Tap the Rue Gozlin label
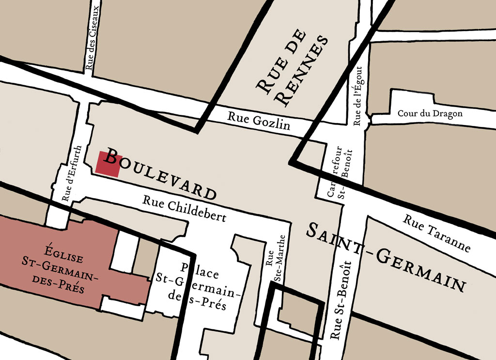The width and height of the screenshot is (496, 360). tap(259, 121)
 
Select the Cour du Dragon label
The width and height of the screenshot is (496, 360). tap(430, 113)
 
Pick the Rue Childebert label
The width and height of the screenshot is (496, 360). tap(184, 209)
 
